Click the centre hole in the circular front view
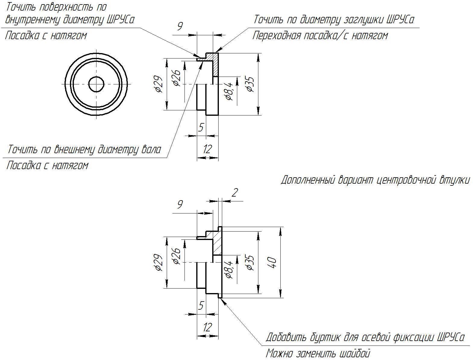click(x=96, y=84)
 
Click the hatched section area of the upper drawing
click(x=215, y=64)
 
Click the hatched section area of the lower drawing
click(x=217, y=243)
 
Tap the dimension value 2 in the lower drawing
click(x=235, y=193)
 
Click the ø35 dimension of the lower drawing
click(x=250, y=262)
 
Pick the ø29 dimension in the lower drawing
click(x=158, y=262)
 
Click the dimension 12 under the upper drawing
click(x=207, y=149)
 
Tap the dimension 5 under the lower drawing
click(x=201, y=306)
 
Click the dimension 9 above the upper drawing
click(x=180, y=27)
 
